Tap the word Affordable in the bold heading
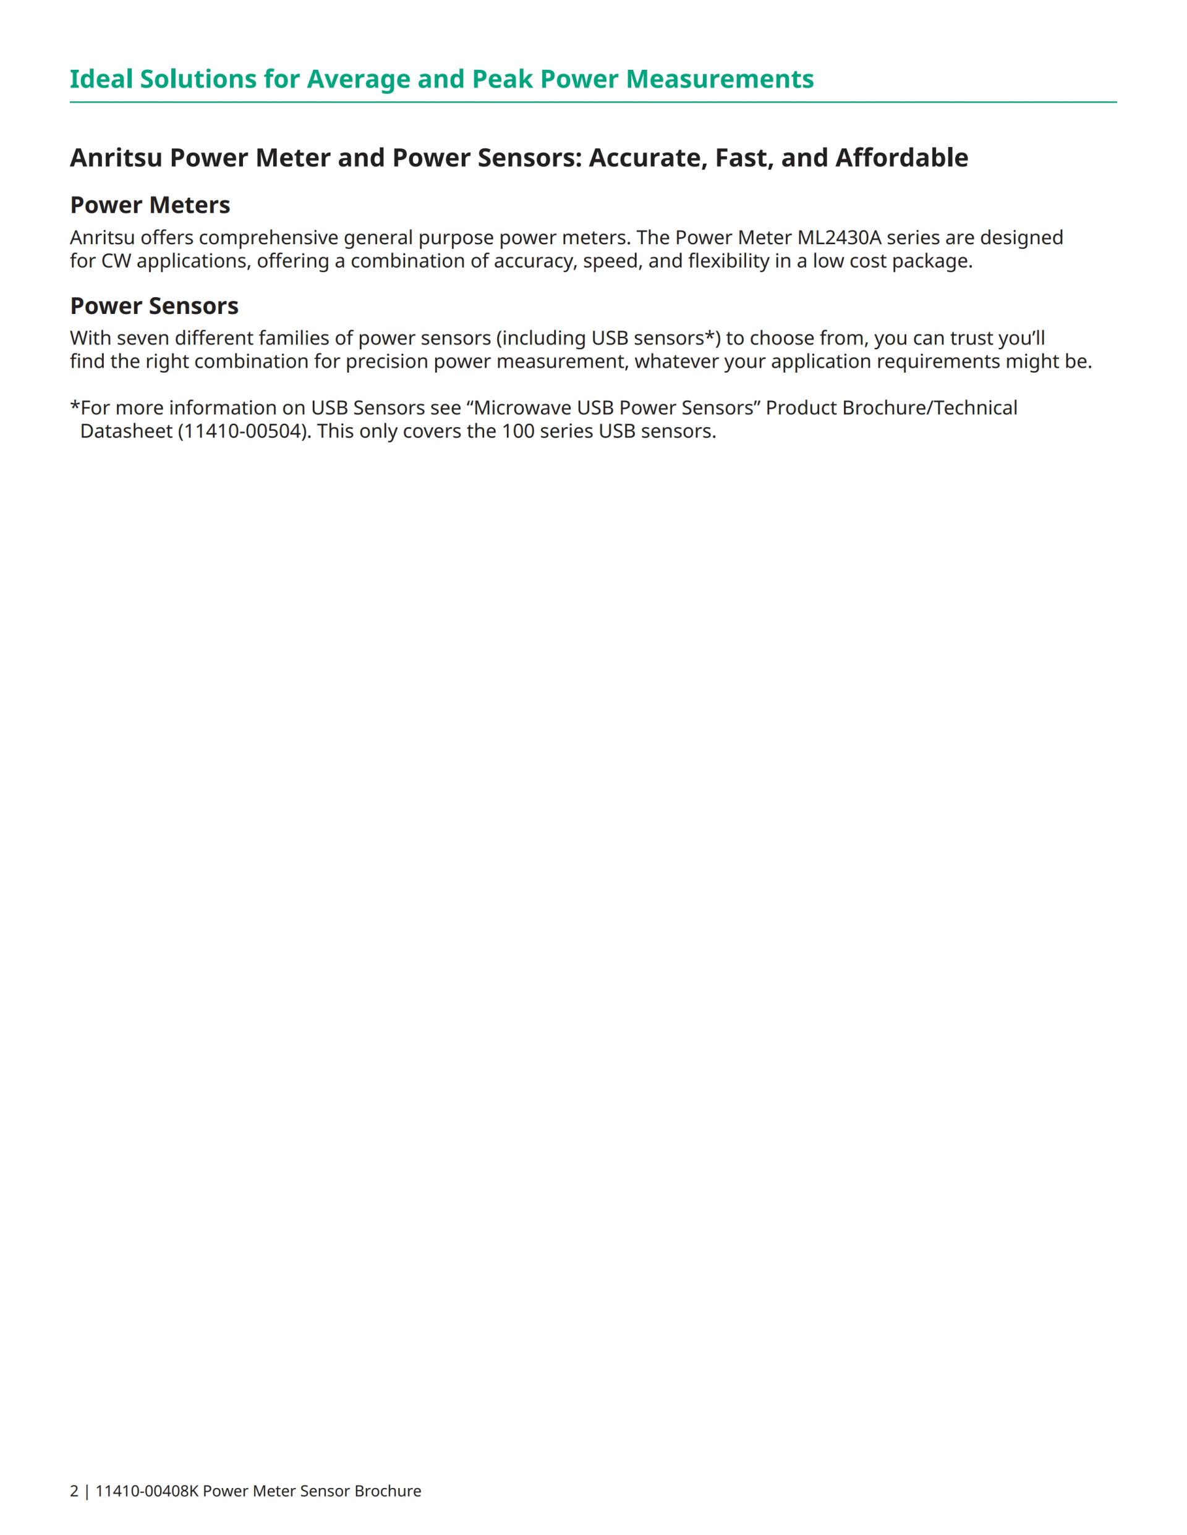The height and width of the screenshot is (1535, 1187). pyautogui.click(x=901, y=158)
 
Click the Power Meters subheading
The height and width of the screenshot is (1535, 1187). pyautogui.click(x=150, y=205)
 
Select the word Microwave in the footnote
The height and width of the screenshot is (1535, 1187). pyautogui.click(x=522, y=408)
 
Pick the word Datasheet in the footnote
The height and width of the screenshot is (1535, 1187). pyautogui.click(x=126, y=431)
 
